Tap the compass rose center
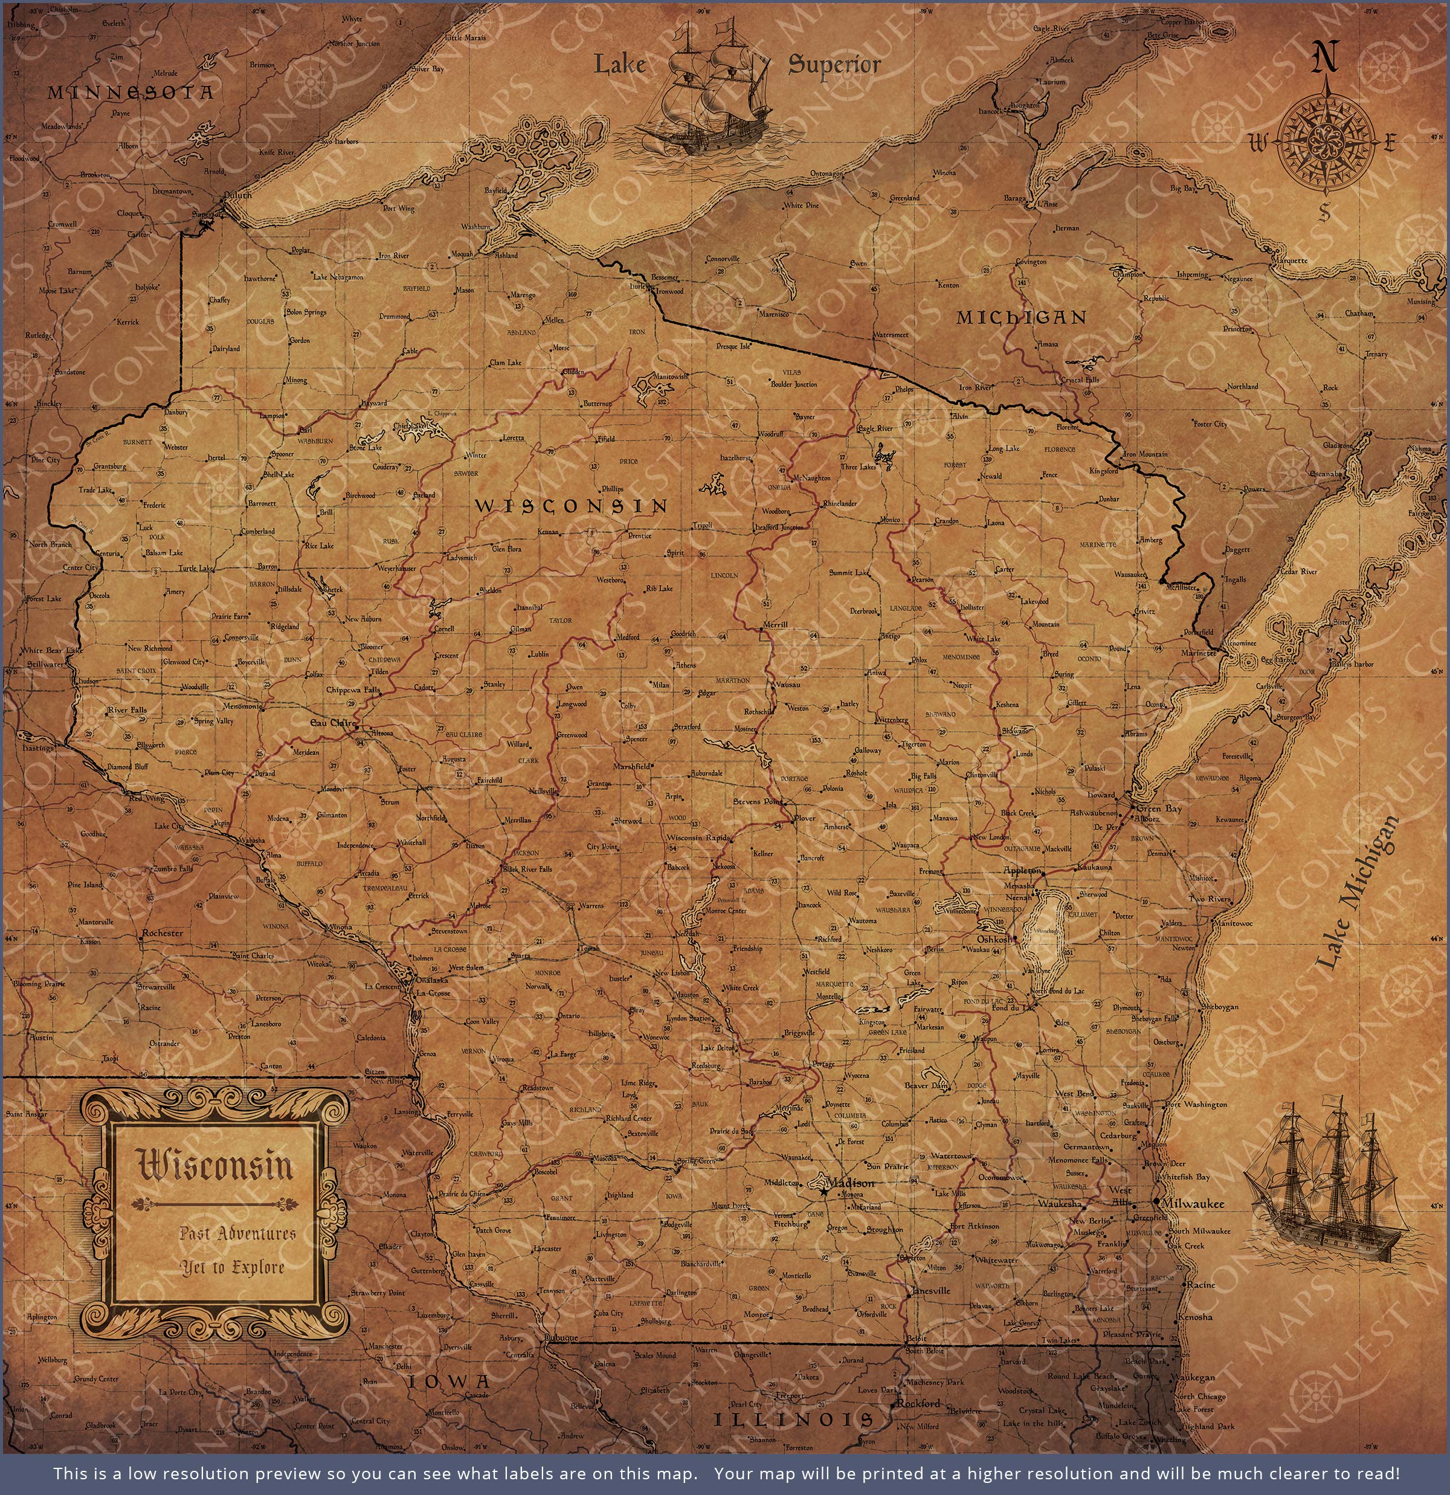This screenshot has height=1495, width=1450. [x=1326, y=140]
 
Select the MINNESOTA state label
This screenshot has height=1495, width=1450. [x=130, y=93]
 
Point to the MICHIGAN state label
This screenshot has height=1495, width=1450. [x=1021, y=317]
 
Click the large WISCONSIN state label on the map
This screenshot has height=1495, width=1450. [x=570, y=505]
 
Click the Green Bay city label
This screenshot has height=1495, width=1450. [x=1159, y=809]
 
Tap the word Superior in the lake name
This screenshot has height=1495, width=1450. [x=834, y=64]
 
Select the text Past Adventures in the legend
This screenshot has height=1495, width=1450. [x=237, y=1234]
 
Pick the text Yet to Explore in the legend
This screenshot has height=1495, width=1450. [x=232, y=1267]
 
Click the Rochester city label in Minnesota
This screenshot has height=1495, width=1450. [x=162, y=932]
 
